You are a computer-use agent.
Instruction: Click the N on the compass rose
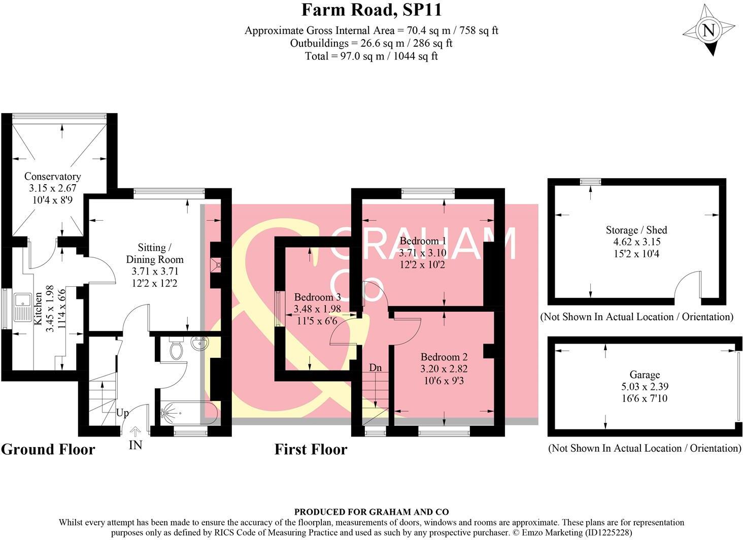(x=708, y=31)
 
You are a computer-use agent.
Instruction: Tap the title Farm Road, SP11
(x=371, y=10)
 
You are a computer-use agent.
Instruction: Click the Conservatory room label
(x=52, y=177)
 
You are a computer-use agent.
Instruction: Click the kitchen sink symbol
(x=22, y=307)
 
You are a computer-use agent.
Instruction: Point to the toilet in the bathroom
(x=176, y=349)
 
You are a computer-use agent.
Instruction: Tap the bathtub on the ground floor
(x=188, y=413)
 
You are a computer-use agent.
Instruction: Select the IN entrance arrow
(x=135, y=432)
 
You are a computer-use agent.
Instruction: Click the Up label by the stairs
(x=122, y=413)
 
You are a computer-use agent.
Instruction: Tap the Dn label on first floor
(x=375, y=367)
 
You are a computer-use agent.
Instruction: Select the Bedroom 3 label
(x=317, y=297)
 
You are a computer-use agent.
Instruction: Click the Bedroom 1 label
(x=422, y=241)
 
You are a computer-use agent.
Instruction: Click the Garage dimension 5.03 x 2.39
(x=645, y=387)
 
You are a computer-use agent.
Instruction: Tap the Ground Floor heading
(x=48, y=450)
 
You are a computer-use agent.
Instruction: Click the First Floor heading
(x=311, y=450)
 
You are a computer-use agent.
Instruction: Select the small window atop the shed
(x=590, y=182)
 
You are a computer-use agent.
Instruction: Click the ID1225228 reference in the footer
(x=608, y=533)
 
